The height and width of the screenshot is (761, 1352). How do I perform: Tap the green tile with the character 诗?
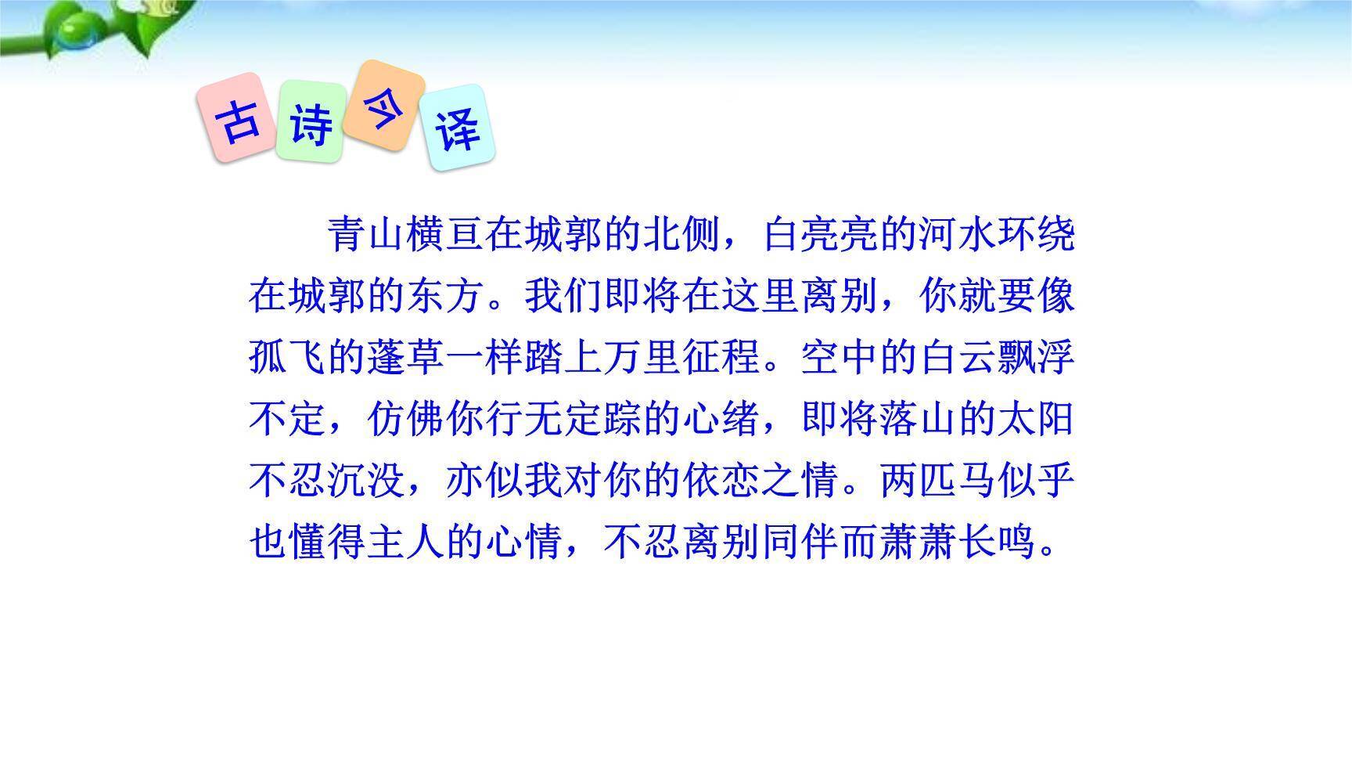[x=311, y=122]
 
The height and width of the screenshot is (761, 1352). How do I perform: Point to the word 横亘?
[x=445, y=234]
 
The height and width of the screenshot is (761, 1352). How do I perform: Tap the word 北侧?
[x=682, y=234]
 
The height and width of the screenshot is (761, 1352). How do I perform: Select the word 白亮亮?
[x=821, y=234]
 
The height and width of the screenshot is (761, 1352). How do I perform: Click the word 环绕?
[x=1037, y=234]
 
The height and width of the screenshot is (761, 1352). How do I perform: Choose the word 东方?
[x=445, y=296]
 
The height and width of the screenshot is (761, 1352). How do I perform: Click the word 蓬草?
[x=406, y=358]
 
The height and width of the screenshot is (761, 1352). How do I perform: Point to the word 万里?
[x=643, y=358]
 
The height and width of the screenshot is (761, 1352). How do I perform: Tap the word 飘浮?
[x=1037, y=358]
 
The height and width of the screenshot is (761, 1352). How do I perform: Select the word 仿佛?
[x=406, y=420]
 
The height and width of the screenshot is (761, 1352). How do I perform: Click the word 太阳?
[x=1037, y=420]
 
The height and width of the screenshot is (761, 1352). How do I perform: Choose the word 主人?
[x=406, y=542]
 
